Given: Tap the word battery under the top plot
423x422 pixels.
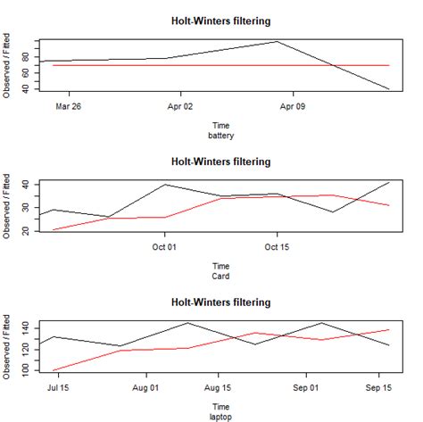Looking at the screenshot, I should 220,136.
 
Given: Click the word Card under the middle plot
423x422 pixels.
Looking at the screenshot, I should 220,277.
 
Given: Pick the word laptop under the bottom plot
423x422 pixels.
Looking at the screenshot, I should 220,417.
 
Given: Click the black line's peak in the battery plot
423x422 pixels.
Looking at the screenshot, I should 278,41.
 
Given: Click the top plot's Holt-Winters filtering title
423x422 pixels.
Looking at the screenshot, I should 220,21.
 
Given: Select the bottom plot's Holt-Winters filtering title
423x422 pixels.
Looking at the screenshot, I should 220,302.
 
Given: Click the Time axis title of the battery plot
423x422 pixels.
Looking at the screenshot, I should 220,126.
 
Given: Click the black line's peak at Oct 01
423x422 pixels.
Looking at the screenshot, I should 164,185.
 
